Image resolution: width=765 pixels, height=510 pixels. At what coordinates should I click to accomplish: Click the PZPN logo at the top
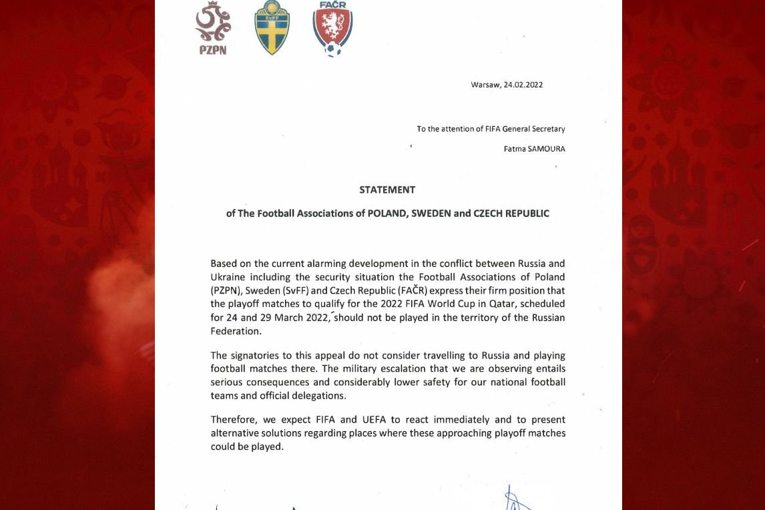click(213, 27)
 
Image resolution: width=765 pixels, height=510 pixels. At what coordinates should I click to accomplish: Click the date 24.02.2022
click(523, 85)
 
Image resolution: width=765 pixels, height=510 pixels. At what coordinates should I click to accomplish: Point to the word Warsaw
click(485, 85)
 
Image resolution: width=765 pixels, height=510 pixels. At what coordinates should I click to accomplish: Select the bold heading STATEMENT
click(387, 190)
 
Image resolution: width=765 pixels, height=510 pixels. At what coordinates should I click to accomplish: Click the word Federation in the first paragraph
click(236, 330)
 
